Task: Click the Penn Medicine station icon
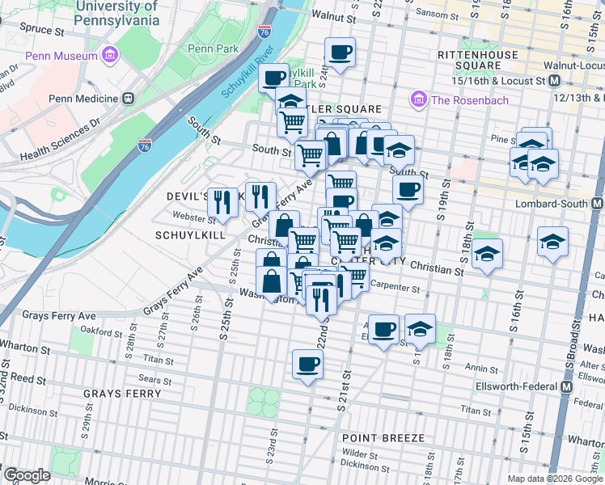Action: point(127,98)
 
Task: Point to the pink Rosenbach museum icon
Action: point(419,99)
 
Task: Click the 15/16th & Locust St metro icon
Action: point(555,81)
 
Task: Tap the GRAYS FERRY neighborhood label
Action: point(123,394)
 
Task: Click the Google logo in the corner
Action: point(26,475)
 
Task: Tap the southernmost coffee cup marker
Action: point(307,364)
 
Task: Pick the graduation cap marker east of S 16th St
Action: point(553,242)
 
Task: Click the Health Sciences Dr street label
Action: point(61,139)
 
